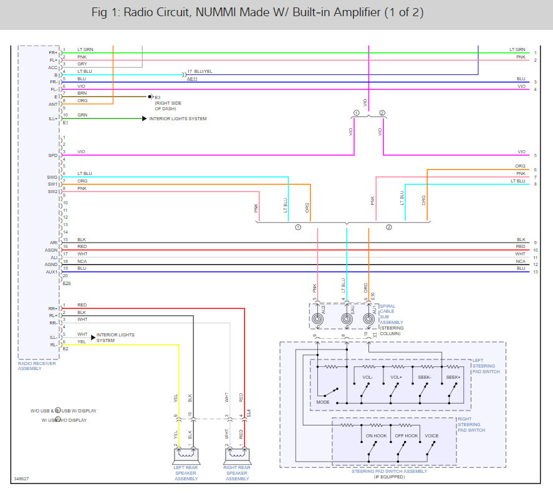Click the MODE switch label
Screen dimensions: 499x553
point(323,402)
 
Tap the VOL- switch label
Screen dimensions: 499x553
point(368,378)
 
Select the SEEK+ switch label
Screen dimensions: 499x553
point(453,378)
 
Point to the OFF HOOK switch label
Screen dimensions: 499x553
point(406,435)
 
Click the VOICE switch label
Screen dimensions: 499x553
point(431,435)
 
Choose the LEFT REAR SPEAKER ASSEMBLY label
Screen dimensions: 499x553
point(185,473)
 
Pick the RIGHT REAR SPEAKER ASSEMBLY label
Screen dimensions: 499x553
point(237,473)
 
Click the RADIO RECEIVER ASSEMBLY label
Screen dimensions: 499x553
point(37,366)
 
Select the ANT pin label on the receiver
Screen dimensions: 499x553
point(53,104)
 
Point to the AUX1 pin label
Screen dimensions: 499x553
point(52,272)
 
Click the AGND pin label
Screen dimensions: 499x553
point(51,265)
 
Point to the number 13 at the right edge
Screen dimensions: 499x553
point(535,272)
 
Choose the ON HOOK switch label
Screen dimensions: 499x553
point(377,435)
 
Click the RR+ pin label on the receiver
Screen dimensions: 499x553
point(53,308)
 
